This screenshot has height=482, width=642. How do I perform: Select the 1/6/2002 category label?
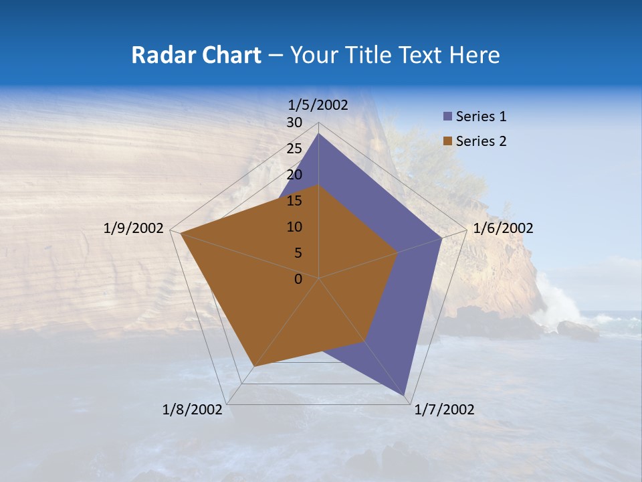pos(503,228)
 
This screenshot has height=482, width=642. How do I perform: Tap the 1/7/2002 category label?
pos(444,410)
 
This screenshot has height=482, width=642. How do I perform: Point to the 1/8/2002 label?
pos(193,410)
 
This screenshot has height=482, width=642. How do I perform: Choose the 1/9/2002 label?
pos(134,228)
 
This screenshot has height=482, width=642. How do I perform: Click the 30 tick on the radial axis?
pos(294,123)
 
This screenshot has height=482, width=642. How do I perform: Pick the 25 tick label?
pos(294,149)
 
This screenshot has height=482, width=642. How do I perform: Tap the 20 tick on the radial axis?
pos(294,175)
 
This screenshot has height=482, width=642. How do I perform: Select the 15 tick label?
pos(294,201)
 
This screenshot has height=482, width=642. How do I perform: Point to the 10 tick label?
pos(294,227)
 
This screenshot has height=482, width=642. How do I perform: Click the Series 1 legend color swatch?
pos(447,116)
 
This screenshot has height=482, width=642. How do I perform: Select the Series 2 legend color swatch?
pos(447,141)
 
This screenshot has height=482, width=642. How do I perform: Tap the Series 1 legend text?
pos(481,116)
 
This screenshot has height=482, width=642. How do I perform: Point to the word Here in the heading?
pos(475,55)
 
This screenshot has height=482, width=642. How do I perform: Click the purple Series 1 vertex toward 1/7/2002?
pos(405,395)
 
